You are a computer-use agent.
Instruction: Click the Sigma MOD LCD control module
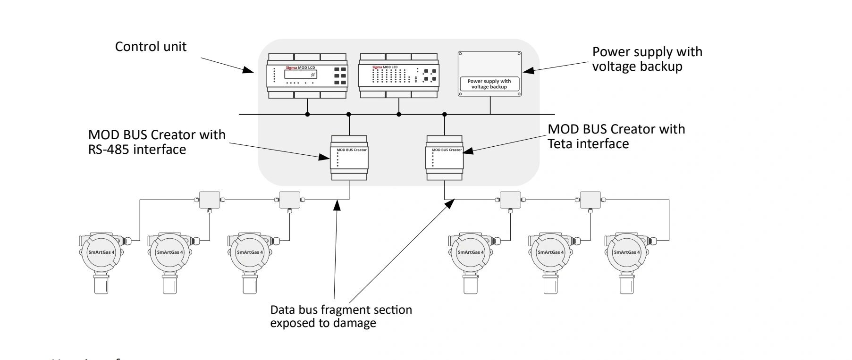307,76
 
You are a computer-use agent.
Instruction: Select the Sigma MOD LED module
399,76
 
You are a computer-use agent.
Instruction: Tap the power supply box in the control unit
489,74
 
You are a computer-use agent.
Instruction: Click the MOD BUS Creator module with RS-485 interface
349,158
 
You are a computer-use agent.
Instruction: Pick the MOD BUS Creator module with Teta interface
444,158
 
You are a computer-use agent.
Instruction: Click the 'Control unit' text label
151,47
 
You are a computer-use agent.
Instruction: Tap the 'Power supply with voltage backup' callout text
647,59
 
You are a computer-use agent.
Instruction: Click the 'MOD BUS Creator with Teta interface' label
616,136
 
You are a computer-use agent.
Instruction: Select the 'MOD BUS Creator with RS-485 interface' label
157,142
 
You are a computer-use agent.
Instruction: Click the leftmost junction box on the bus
210,200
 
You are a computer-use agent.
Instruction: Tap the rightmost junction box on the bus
590,200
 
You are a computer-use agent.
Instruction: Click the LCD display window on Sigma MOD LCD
300,74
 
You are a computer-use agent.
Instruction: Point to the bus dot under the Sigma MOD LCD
307,114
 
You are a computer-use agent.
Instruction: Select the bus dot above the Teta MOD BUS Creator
444,114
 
